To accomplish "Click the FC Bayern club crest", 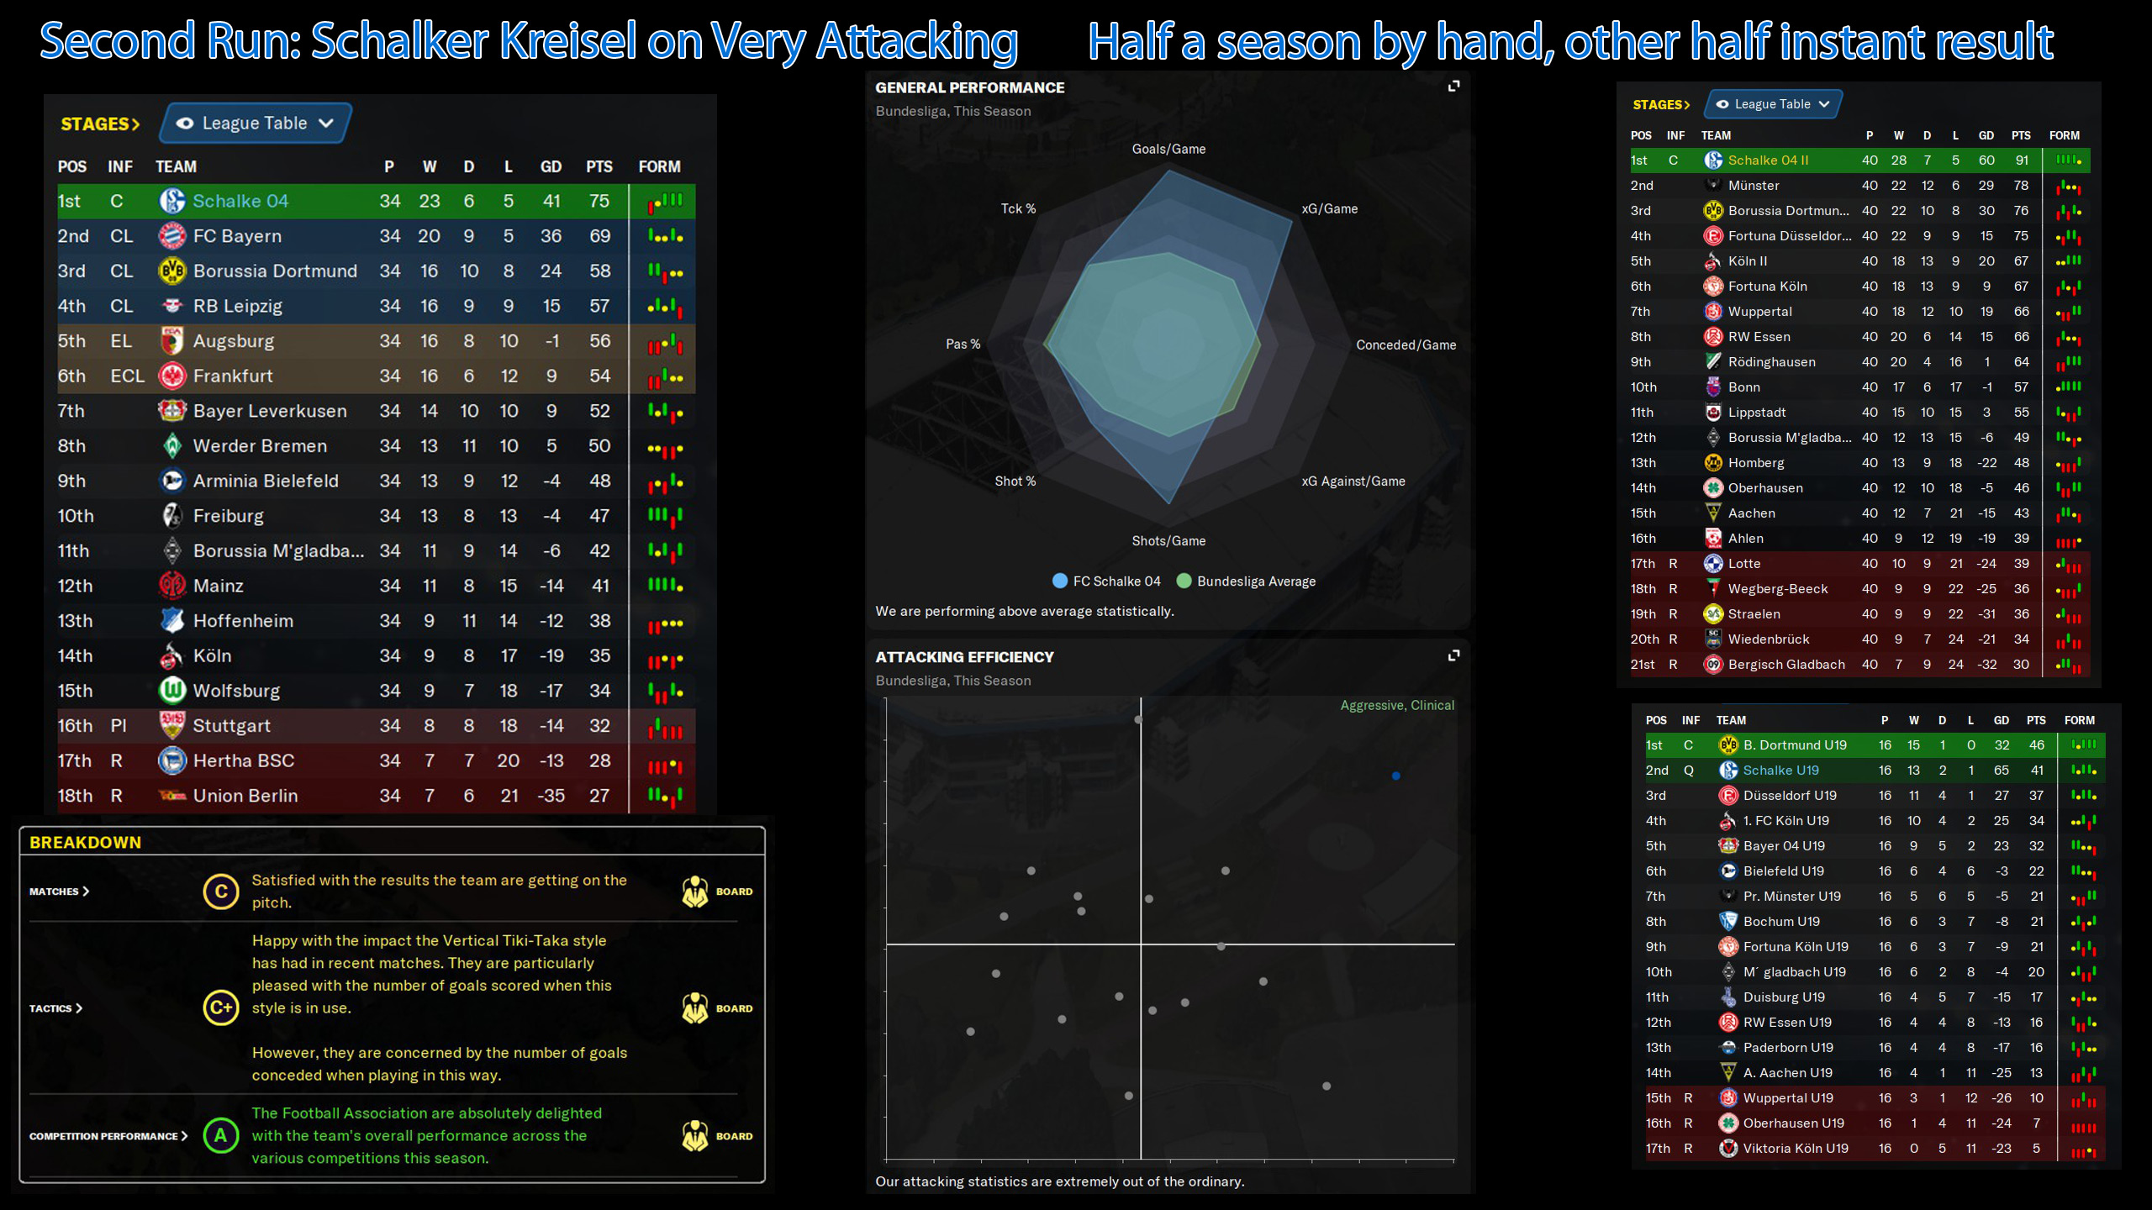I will click(x=172, y=236).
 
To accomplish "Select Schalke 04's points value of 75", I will click(x=599, y=201).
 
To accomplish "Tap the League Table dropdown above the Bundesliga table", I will click(x=255, y=124).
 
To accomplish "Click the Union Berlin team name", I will click(x=245, y=796).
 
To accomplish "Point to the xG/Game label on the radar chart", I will click(x=1329, y=208).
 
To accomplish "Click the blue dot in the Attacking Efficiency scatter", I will click(x=1395, y=776).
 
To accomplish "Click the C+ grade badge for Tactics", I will click(x=220, y=1007).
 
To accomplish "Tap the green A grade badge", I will click(x=220, y=1135).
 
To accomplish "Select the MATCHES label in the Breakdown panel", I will click(x=55, y=892).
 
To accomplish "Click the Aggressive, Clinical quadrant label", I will click(x=1396, y=705).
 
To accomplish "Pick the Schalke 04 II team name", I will click(x=1768, y=160).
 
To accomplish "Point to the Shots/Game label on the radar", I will click(x=1168, y=541).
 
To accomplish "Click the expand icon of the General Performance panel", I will click(x=1453, y=86).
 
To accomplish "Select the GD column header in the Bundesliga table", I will click(x=551, y=166).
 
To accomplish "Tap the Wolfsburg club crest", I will click(x=172, y=691).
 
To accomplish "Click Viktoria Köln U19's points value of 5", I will click(x=2035, y=1148).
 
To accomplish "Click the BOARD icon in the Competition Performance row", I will click(x=695, y=1135).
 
